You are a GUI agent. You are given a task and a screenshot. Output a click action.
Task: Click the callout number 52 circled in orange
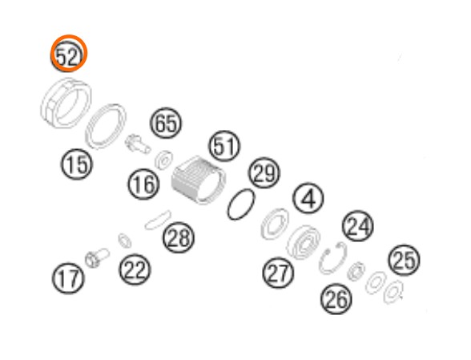click(69, 54)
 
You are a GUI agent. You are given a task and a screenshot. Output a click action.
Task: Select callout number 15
click(77, 164)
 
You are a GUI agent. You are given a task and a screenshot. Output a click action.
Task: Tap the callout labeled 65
click(166, 123)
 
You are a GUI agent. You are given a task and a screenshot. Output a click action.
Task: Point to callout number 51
click(224, 146)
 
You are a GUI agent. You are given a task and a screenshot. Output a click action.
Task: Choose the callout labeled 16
click(143, 184)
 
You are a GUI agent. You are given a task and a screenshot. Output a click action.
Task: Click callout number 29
click(264, 173)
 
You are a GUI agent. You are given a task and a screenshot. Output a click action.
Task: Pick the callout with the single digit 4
click(308, 199)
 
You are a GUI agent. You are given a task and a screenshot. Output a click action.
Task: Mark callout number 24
click(358, 226)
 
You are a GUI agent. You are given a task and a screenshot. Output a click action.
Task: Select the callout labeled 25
click(405, 261)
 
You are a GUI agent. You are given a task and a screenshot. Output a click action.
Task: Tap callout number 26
click(336, 298)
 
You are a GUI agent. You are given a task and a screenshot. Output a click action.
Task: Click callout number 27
click(278, 273)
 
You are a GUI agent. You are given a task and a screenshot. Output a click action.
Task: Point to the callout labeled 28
click(179, 237)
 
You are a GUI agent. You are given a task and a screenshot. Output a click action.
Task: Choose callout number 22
click(135, 269)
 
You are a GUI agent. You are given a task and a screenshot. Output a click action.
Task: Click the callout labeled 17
click(69, 278)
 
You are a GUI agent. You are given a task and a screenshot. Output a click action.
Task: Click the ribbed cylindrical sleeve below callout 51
click(199, 180)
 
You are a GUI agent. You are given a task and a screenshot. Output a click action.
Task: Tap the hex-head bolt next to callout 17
click(97, 257)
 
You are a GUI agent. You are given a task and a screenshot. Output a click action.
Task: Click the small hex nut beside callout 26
click(356, 272)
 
